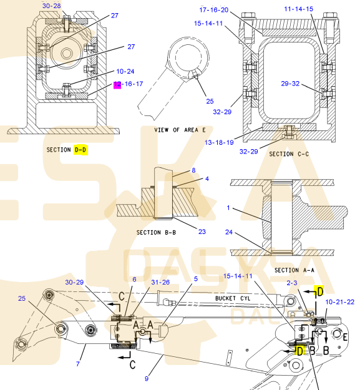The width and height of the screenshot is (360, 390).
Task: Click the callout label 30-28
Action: tap(51, 6)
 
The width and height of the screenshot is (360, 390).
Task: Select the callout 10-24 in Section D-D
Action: tap(125, 71)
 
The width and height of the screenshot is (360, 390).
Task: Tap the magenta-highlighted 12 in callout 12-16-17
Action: tap(117, 84)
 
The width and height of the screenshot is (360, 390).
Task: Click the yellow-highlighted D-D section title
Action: tap(80, 150)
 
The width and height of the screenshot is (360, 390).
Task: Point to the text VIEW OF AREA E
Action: tap(180, 130)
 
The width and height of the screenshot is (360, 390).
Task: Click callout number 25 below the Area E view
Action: tap(210, 101)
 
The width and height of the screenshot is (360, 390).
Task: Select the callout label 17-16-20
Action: tap(214, 10)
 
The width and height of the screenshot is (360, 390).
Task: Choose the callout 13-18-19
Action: tap(219, 142)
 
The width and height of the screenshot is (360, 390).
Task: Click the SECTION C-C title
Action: tap(289, 154)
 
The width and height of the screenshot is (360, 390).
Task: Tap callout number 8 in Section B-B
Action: tap(193, 170)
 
